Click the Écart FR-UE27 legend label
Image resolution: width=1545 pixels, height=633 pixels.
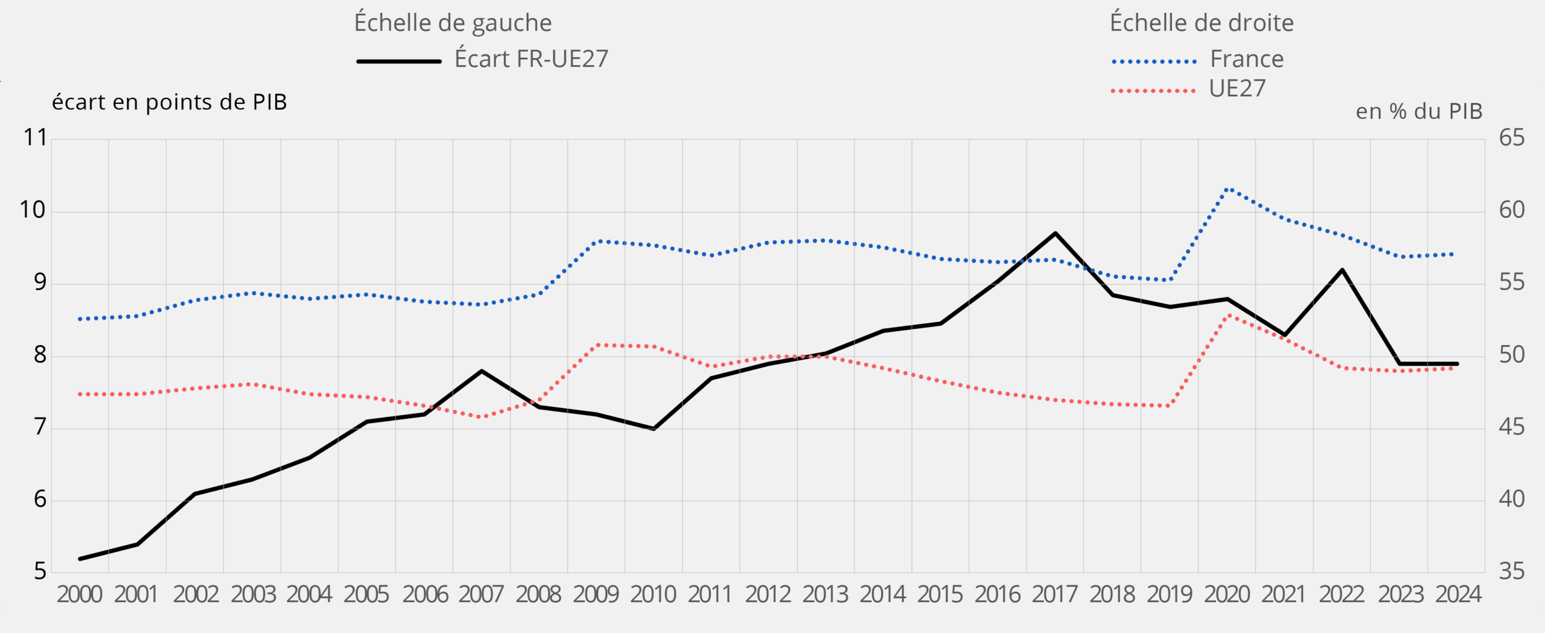click(531, 59)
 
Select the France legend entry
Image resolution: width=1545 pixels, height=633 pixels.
click(1246, 59)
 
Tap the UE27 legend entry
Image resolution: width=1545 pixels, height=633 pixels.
click(1237, 89)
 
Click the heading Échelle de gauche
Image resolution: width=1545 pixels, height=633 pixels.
click(453, 23)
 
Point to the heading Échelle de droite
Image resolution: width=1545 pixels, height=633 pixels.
click(1202, 23)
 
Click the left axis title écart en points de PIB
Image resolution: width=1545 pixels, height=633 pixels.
click(169, 102)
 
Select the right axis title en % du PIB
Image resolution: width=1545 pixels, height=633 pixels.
click(1419, 111)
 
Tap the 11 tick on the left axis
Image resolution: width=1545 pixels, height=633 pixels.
click(35, 138)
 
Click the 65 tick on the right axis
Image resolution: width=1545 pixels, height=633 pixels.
click(1511, 138)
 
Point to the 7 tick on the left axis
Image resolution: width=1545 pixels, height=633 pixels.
click(40, 427)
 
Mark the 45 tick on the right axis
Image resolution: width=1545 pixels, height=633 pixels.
click(1511, 427)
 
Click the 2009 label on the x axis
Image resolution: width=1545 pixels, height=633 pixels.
click(596, 594)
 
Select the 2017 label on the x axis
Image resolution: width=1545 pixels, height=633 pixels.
click(1054, 594)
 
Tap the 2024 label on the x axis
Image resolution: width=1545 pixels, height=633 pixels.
click(1458, 594)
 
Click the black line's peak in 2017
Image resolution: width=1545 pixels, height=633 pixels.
click(1055, 233)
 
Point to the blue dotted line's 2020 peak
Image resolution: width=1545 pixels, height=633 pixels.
click(1228, 189)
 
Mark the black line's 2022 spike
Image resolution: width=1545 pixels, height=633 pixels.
click(1342, 270)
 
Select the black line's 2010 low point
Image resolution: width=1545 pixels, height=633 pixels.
click(654, 428)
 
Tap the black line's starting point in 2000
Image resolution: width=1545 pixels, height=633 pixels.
click(80, 559)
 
